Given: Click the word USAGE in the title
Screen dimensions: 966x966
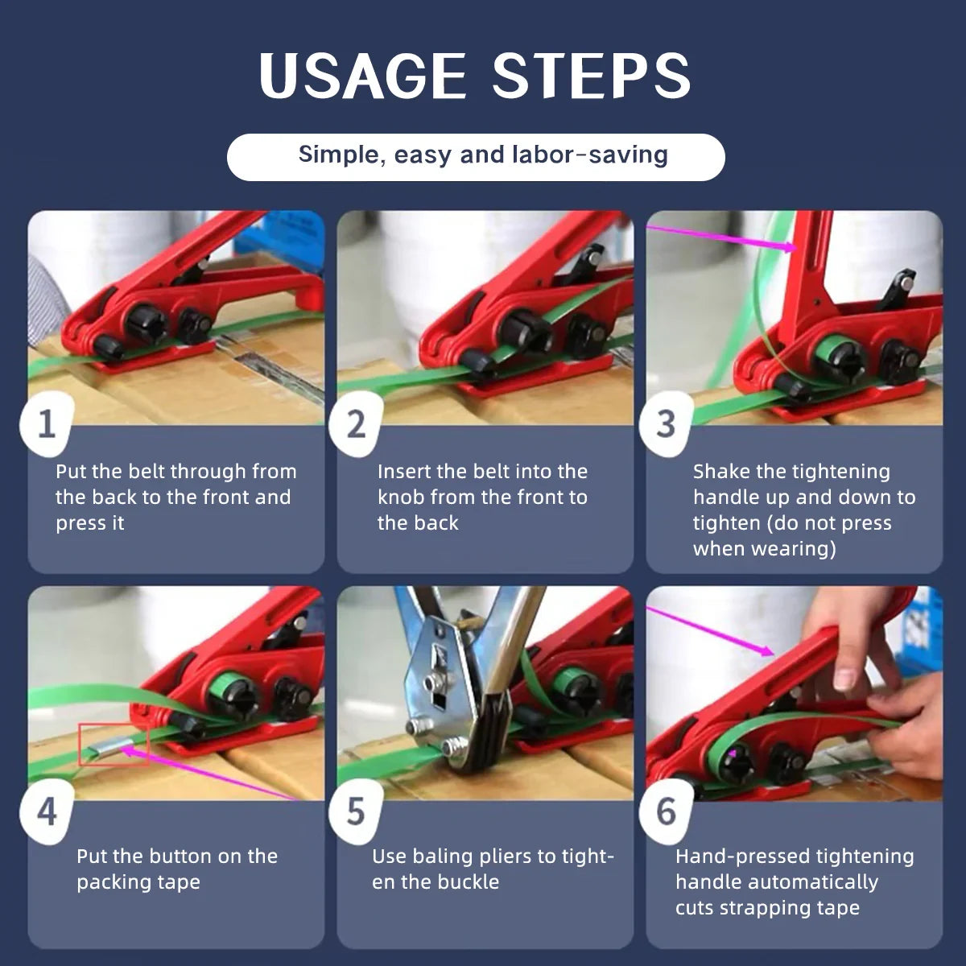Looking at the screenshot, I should pyautogui.click(x=362, y=76).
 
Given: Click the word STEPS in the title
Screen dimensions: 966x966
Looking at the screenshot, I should pyautogui.click(x=592, y=76).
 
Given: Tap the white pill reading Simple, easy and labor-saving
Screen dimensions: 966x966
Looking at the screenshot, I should pyautogui.click(x=476, y=156).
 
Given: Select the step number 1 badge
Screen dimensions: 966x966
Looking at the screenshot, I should pyautogui.click(x=47, y=423).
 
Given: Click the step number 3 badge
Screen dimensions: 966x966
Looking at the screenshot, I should pyautogui.click(x=665, y=423).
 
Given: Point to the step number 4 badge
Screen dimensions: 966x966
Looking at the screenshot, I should pyautogui.click(x=47, y=811).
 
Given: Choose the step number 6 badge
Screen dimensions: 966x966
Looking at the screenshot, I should pyautogui.click(x=665, y=811).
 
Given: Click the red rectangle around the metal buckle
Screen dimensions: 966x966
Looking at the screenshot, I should pyautogui.click(x=114, y=745).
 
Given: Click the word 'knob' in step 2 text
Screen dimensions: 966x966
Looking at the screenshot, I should pyautogui.click(x=402, y=497).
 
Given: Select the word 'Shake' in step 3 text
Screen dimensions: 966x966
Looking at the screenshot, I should pyautogui.click(x=721, y=472).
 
